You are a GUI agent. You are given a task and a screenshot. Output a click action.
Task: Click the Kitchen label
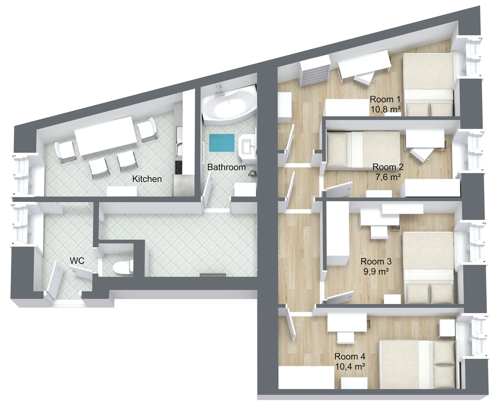click(x=147, y=179)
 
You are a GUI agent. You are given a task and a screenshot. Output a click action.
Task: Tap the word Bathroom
click(x=226, y=167)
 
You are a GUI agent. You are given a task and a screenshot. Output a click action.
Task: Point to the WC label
click(x=77, y=261)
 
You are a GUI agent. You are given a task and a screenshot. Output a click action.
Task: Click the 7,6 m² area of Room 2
click(x=388, y=177)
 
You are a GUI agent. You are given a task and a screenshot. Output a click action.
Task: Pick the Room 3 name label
click(x=376, y=261)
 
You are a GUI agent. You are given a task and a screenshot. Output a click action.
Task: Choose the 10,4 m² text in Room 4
click(x=350, y=366)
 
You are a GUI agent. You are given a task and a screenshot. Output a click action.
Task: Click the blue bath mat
click(x=222, y=143)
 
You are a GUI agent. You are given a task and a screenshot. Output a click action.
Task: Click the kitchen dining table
click(x=106, y=136)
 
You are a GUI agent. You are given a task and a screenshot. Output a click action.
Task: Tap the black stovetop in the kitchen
click(x=179, y=167)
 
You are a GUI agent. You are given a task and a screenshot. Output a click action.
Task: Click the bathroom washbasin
click(x=247, y=147)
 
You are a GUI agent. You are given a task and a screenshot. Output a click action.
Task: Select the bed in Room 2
click(x=363, y=149)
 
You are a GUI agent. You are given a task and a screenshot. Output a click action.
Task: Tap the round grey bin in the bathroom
click(x=252, y=174)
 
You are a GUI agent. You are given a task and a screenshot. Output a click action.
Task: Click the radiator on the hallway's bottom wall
click(x=213, y=275)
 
